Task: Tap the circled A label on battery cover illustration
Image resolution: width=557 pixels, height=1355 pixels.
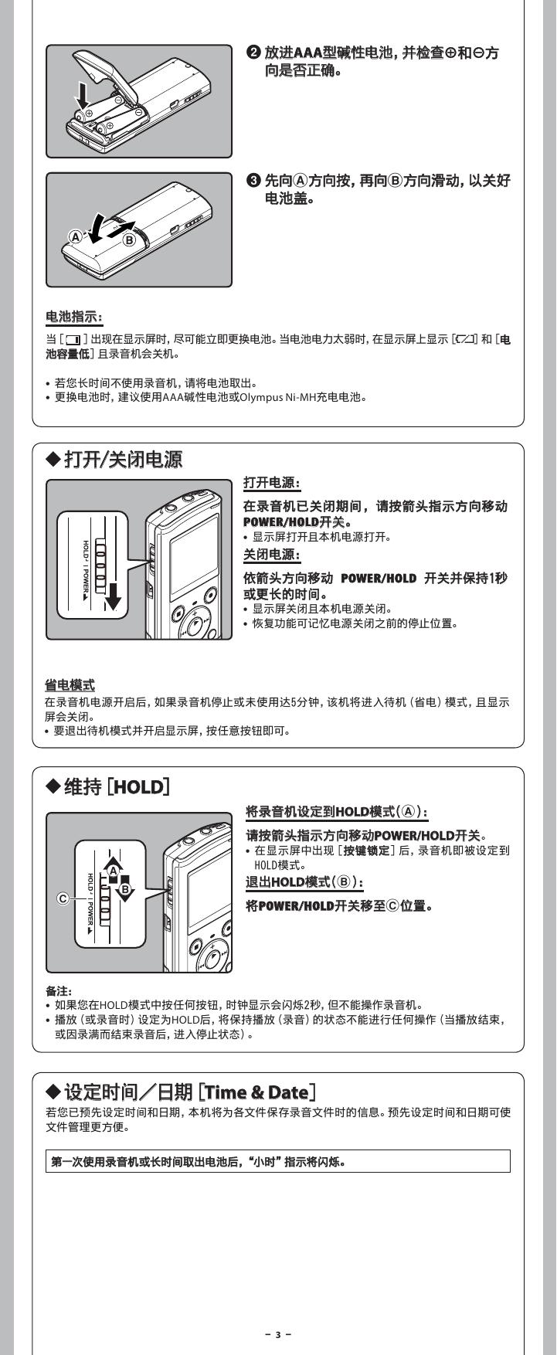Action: [x=76, y=236]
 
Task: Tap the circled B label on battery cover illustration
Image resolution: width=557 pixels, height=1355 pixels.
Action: [x=129, y=239]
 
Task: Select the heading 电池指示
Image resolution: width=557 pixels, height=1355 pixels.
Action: [x=74, y=317]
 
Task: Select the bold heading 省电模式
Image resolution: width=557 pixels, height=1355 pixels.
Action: [x=70, y=684]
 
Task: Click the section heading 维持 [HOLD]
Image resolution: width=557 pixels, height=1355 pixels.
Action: [x=108, y=787]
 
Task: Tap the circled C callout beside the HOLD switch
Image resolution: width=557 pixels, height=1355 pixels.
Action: [x=63, y=898]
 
